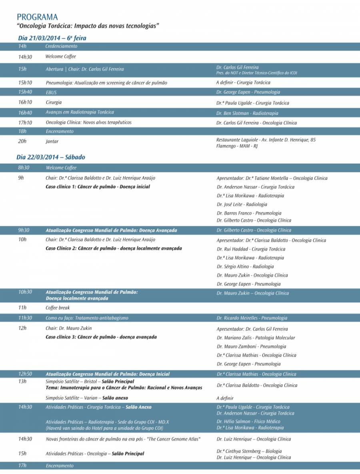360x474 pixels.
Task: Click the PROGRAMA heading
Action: (x=37, y=17)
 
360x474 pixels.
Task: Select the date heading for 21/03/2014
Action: (x=52, y=38)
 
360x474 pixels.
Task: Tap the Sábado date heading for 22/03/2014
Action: (x=51, y=157)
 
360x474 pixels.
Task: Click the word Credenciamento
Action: (x=61, y=46)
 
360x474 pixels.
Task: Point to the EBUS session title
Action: (x=51, y=92)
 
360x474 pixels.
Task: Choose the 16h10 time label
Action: (x=25, y=102)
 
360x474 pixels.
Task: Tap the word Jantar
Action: (x=52, y=141)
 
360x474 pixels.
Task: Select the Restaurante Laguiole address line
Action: (x=266, y=140)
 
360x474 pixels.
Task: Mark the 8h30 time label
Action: (x=24, y=168)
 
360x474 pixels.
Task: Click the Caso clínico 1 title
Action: (x=98, y=187)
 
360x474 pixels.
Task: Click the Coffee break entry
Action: (x=58, y=308)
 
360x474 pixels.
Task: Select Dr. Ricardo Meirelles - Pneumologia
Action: (x=252, y=318)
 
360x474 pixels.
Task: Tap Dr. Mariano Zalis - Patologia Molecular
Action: (x=256, y=338)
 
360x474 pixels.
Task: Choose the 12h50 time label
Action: (x=25, y=374)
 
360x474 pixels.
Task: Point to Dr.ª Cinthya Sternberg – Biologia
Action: (x=249, y=451)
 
